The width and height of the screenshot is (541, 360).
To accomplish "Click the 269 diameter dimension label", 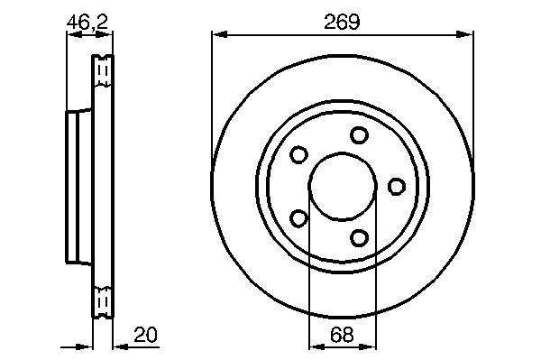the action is tap(342, 22).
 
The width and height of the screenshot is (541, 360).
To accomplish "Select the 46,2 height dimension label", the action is tap(87, 23).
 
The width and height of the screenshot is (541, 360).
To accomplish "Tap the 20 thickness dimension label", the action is tap(145, 335).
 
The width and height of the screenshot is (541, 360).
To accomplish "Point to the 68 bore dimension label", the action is tap(342, 335).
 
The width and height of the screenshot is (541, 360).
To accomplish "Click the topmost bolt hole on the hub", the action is tap(359, 135).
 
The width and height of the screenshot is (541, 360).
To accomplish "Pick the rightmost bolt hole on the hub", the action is tap(396, 187).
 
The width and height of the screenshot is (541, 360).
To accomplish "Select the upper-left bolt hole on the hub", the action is tap(298, 154).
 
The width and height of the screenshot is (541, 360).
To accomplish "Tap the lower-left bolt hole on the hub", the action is tap(298, 218).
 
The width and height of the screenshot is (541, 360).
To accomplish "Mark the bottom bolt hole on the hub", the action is tap(359, 237).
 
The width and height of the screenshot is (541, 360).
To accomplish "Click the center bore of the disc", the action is tap(343, 186).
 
